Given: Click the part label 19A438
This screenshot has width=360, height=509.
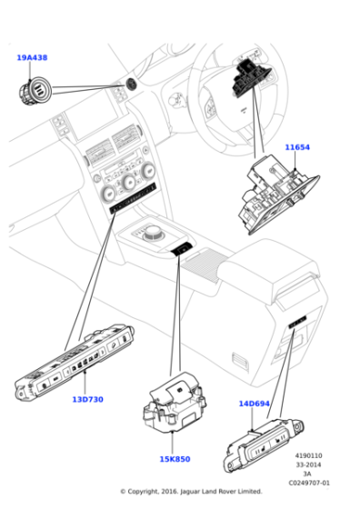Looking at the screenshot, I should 32,58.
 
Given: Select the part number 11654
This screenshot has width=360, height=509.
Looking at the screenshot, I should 297,146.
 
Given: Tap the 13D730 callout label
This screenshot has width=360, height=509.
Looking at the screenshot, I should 87,400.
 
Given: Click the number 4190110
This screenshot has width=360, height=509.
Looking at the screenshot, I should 308,456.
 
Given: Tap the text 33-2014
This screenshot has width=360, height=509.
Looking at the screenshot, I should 308,465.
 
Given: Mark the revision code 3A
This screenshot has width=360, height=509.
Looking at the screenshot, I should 308,474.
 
